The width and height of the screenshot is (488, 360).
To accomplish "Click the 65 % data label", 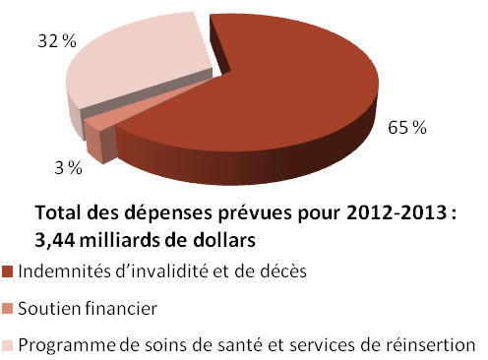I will tap(406, 129).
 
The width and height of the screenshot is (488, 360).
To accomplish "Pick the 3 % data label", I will tap(68, 168).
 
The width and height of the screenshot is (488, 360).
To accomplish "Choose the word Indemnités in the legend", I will tap(59, 270).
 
